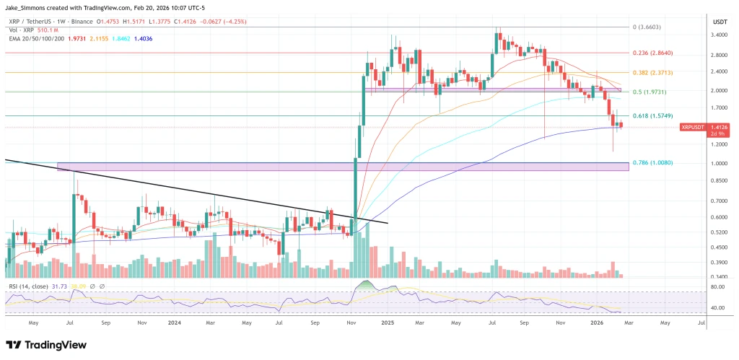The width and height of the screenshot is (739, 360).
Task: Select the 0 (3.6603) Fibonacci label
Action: [x=648, y=27]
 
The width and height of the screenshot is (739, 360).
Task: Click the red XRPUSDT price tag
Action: [x=694, y=127]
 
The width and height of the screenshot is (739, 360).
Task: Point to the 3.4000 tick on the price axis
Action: [x=718, y=35]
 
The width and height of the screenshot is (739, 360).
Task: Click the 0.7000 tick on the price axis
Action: [x=718, y=201]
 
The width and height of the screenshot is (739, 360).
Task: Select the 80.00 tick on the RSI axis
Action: [x=717, y=286]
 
